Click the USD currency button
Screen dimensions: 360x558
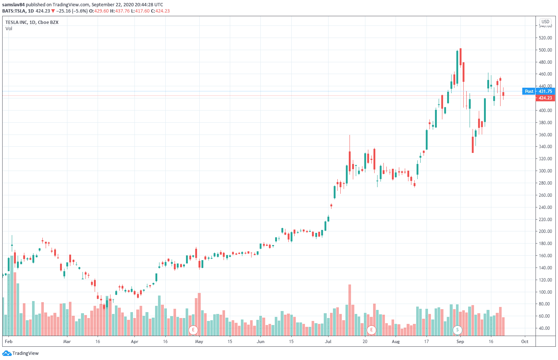pos(545,22)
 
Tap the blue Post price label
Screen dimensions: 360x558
pos(529,91)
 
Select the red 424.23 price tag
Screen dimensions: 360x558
pos(545,98)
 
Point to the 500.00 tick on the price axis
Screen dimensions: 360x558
pos(545,50)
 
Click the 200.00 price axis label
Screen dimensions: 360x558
pos(545,231)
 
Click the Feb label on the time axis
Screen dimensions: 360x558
pos(9,342)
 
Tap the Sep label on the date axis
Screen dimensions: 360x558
pos(460,342)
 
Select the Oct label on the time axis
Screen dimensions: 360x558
pos(524,342)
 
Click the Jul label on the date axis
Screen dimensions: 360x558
pos(328,342)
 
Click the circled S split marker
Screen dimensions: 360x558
pos(457,330)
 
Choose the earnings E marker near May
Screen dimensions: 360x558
pos(193,330)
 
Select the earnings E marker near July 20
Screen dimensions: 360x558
pos(371,330)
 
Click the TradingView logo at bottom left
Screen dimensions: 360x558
pos(21,353)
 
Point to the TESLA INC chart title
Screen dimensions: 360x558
pos(32,22)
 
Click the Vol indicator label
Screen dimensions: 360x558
pos(9,29)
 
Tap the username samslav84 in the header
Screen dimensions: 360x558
pos(13,5)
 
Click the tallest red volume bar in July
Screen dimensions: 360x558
pos(350,310)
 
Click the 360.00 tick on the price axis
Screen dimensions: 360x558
pos(545,135)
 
